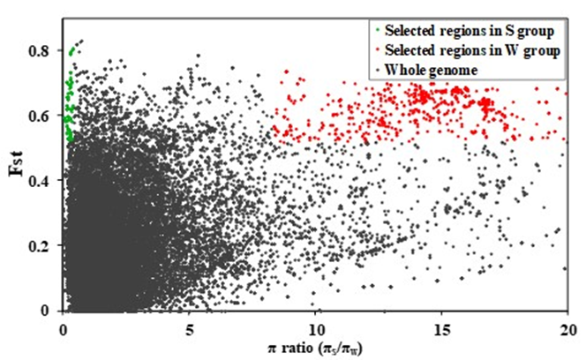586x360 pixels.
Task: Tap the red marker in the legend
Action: click(376, 51)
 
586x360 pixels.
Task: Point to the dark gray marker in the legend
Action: click(376, 70)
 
